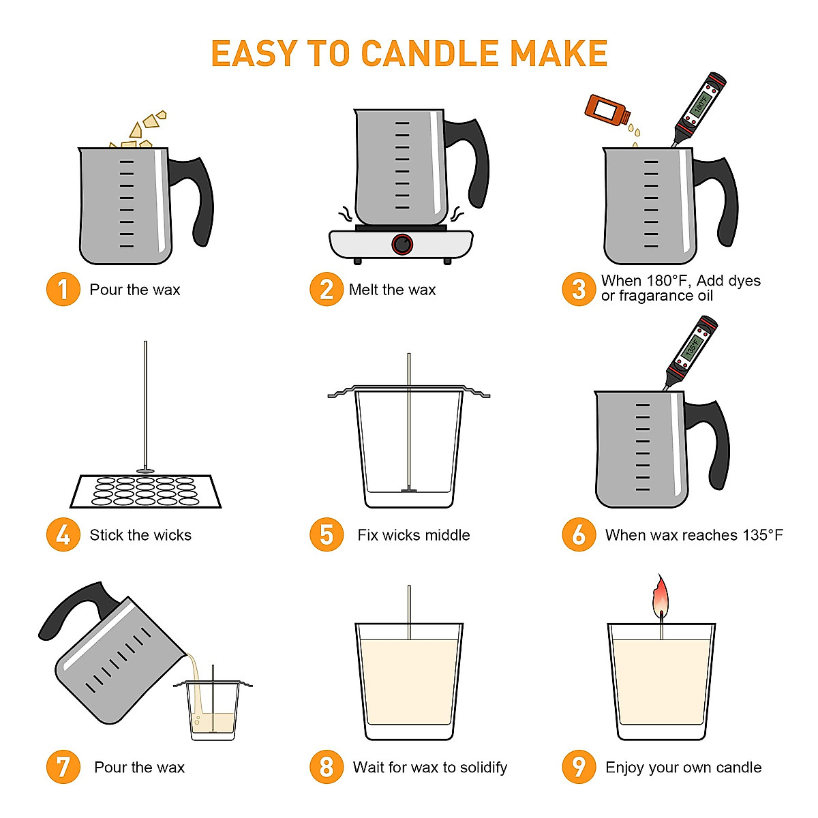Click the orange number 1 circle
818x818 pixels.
(63, 289)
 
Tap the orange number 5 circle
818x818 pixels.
(327, 534)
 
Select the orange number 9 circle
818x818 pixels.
(579, 767)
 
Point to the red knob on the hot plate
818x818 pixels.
(402, 244)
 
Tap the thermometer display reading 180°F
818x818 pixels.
(701, 104)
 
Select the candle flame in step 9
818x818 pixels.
(660, 597)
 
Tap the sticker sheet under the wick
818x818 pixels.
(145, 491)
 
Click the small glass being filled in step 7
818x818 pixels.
(213, 712)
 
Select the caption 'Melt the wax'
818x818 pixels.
(392, 290)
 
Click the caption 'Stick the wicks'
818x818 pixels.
(140, 535)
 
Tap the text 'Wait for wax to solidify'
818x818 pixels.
(429, 768)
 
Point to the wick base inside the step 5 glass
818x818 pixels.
(409, 489)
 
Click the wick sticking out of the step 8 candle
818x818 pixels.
(409, 610)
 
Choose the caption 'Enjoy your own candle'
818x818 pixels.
(683, 768)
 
